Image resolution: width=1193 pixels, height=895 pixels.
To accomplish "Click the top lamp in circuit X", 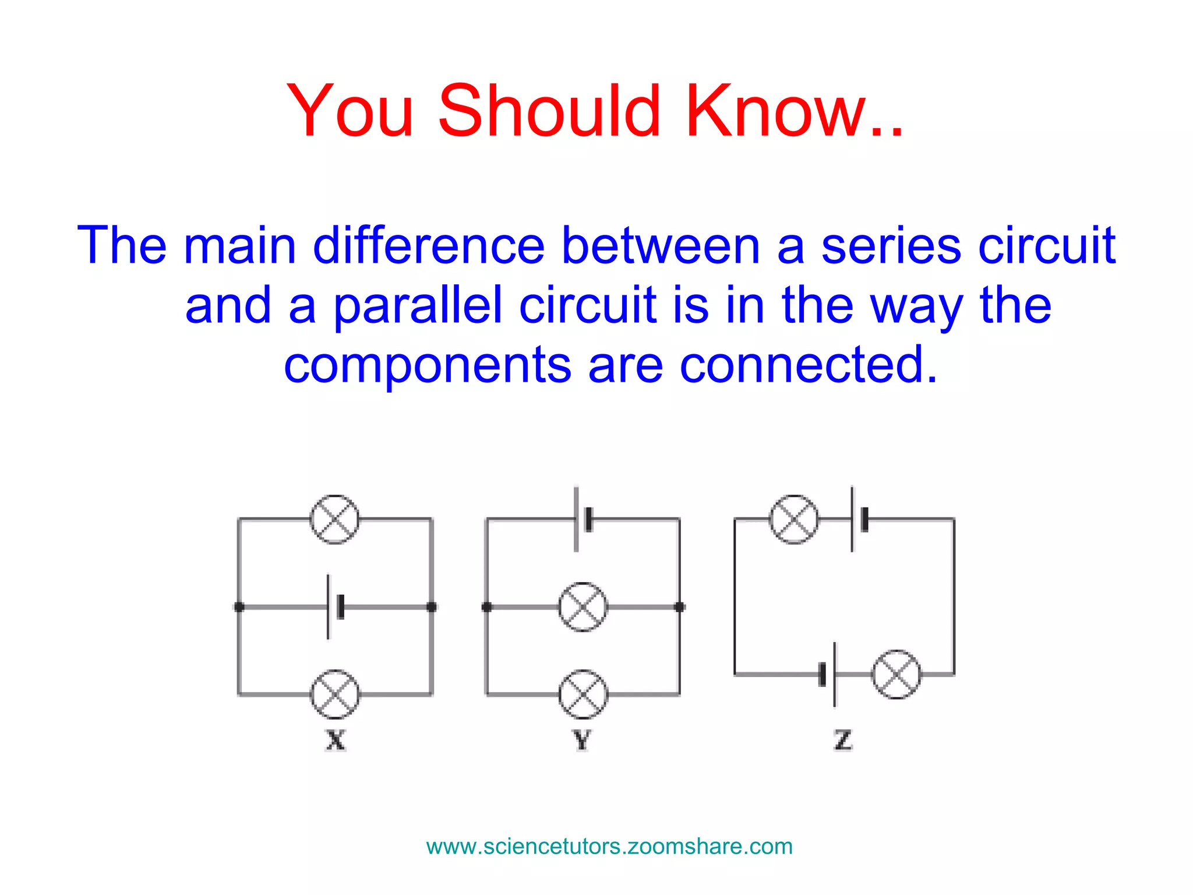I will click(x=334, y=519).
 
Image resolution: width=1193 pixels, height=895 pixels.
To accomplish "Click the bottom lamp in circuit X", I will click(x=335, y=694).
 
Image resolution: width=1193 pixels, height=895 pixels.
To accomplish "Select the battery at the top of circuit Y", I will click(x=583, y=519).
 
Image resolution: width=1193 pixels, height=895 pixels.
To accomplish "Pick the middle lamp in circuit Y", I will click(x=583, y=607).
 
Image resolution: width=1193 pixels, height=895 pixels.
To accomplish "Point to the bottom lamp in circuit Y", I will click(x=583, y=694).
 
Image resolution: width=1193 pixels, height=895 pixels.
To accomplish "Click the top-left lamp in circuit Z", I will click(x=793, y=519).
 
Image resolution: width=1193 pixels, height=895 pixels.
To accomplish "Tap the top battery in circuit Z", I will click(x=858, y=519).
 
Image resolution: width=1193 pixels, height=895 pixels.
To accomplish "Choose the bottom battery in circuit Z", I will click(x=828, y=675).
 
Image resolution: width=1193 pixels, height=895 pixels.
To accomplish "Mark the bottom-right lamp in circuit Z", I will click(x=896, y=675).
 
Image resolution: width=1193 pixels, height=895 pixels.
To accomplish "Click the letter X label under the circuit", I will click(x=336, y=741).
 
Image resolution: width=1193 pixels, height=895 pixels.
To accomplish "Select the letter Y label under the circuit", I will click(x=582, y=741).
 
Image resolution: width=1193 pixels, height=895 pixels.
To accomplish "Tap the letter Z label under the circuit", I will click(x=843, y=741).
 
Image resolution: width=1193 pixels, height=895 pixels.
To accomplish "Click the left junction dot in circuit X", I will click(x=239, y=607).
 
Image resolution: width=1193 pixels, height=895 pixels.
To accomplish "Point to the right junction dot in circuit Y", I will click(x=679, y=607).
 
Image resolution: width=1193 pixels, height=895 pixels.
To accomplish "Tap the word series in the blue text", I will click(x=891, y=246).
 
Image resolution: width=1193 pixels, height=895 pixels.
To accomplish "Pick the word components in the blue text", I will click(x=427, y=365).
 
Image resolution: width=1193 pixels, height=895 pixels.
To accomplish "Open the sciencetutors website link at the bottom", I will click(x=609, y=847).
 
